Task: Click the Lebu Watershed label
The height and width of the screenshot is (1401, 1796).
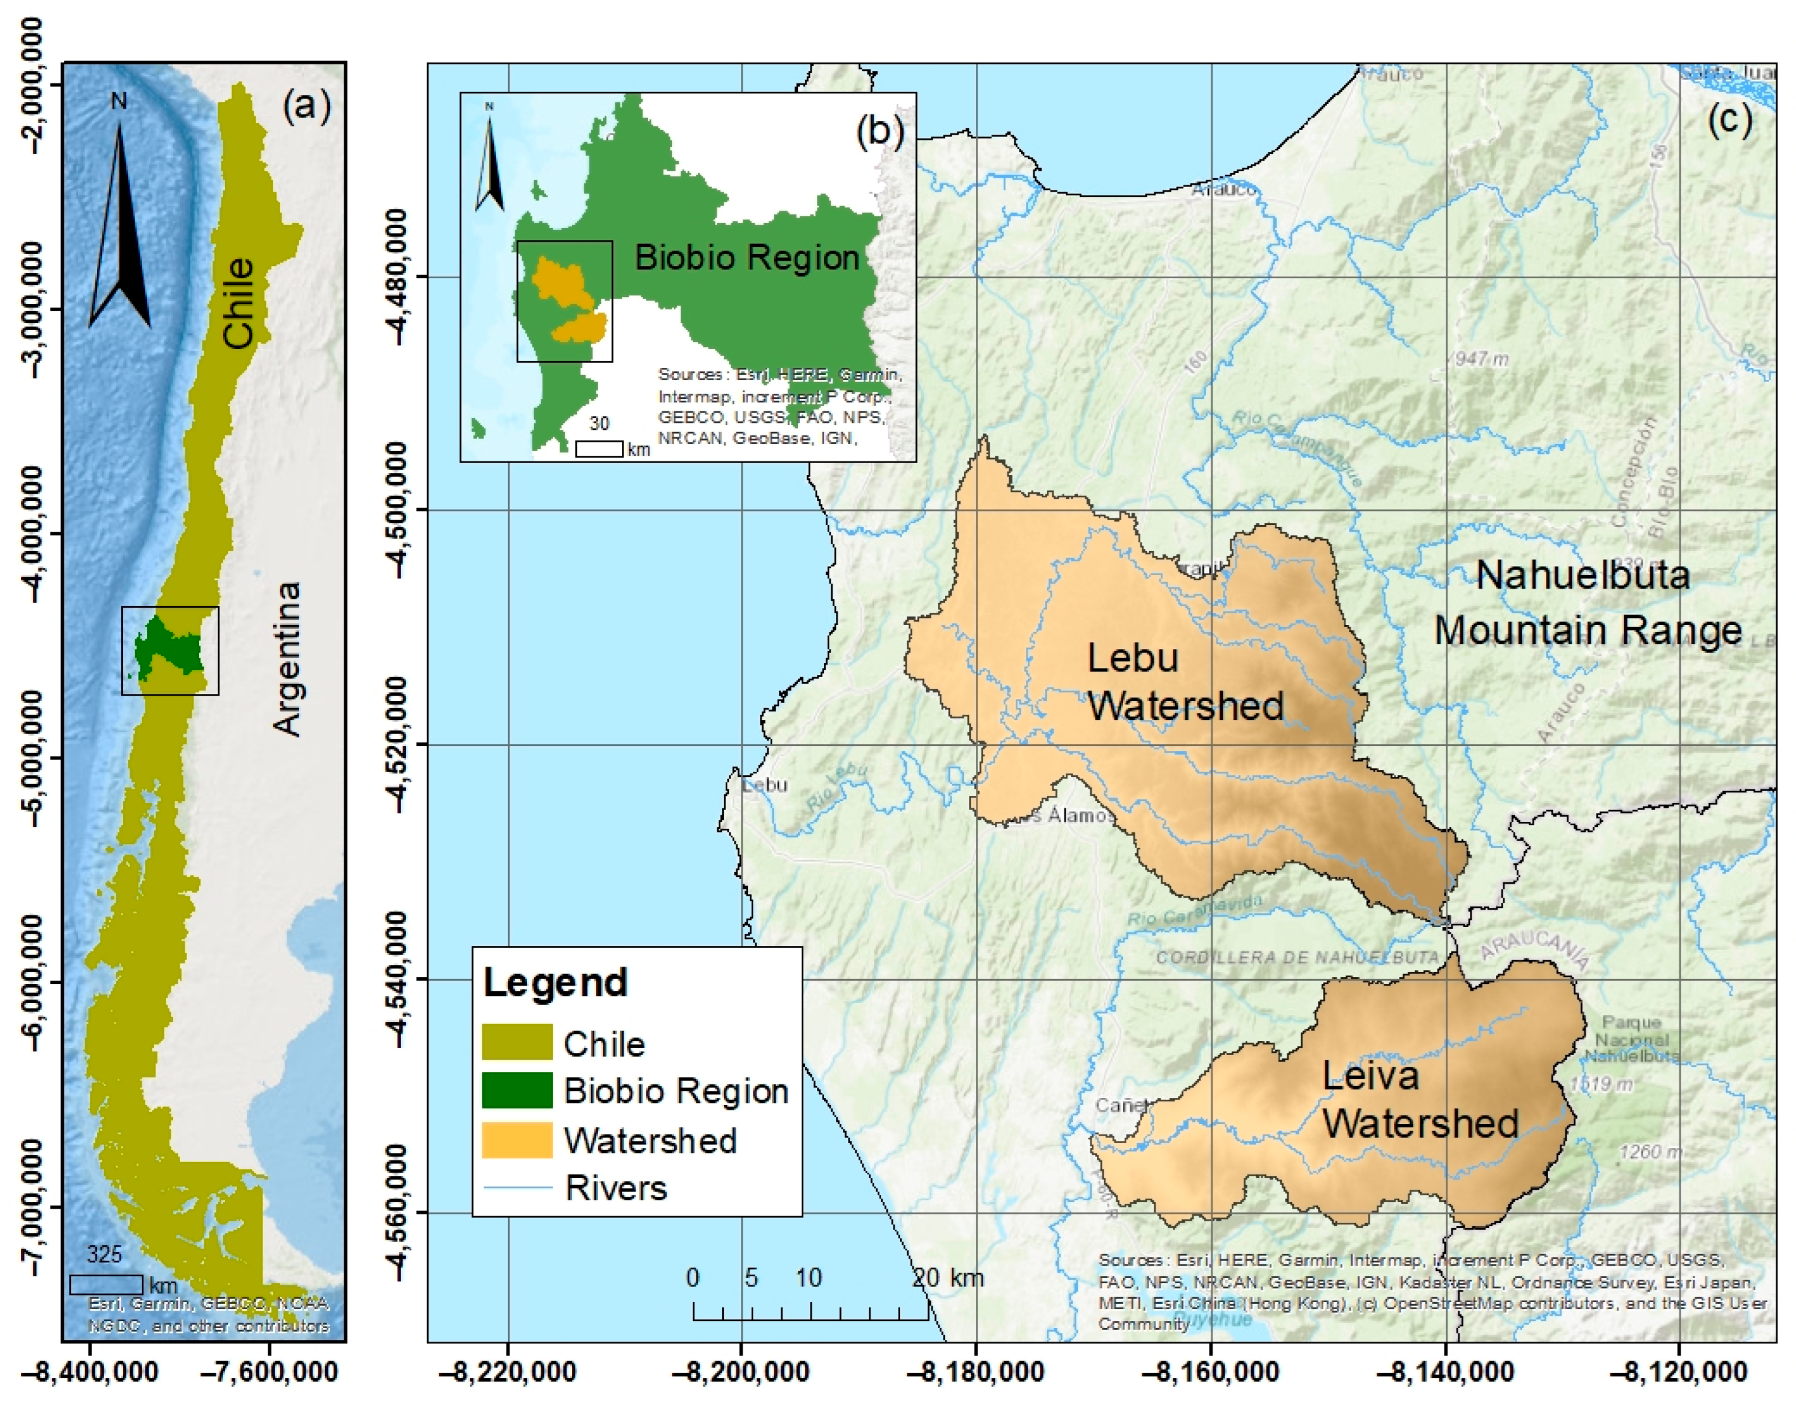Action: tap(1184, 682)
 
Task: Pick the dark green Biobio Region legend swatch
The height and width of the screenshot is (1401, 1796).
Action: tap(516, 1090)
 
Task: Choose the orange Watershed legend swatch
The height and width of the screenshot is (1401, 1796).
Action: tap(516, 1140)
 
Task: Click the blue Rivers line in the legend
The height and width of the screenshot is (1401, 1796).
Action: tap(516, 1187)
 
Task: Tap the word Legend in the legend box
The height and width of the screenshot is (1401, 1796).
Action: tap(555, 983)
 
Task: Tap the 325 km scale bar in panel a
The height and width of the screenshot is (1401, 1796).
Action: tap(105, 1283)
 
